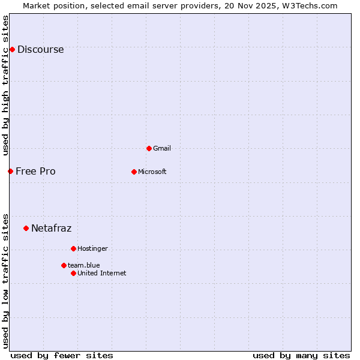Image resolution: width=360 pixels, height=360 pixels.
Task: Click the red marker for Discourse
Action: tap(12, 49)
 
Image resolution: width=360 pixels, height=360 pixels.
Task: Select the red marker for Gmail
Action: tap(149, 148)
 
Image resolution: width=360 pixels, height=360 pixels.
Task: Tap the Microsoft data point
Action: tap(134, 172)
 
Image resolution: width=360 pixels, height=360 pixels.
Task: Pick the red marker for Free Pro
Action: tap(10, 171)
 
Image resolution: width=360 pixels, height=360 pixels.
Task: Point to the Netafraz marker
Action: tap(26, 228)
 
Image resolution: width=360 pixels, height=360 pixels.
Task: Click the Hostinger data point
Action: tap(73, 248)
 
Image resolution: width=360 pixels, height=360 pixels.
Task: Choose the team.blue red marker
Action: tap(64, 265)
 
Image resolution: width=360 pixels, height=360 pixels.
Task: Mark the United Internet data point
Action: tap(73, 273)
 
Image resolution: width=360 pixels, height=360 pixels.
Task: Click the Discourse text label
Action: tap(40, 50)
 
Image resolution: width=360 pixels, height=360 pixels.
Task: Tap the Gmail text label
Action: tap(162, 148)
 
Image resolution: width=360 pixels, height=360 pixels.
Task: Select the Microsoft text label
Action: tap(152, 172)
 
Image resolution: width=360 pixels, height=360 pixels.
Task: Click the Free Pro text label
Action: tap(35, 172)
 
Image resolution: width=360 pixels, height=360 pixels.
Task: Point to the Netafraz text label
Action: tap(51, 229)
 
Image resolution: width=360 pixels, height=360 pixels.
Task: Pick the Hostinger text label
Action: tap(92, 248)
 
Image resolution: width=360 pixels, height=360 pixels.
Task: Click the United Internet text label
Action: tap(101, 273)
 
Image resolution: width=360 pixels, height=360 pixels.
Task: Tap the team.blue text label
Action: tap(83, 265)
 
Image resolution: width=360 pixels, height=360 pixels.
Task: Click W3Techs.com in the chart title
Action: tap(310, 6)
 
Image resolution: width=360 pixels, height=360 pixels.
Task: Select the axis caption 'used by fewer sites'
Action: tap(62, 355)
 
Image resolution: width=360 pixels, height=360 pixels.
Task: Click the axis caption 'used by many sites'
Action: tap(301, 355)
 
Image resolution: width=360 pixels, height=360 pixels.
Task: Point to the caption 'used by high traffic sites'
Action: tap(5, 85)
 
